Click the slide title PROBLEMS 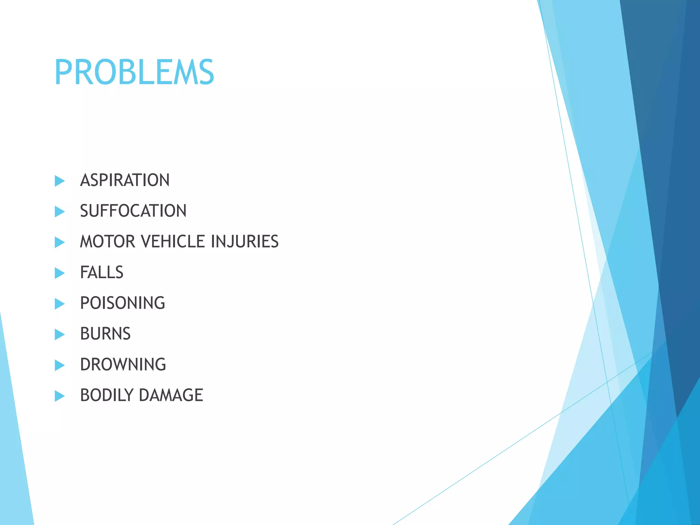(134, 72)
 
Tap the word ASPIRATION (125, 180)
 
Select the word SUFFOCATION (133, 211)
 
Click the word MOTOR (107, 242)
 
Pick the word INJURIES (245, 242)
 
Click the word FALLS (102, 272)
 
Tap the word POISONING (122, 303)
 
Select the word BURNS (105, 334)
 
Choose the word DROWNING (123, 365)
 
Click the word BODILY (107, 395)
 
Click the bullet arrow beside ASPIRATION (60, 181)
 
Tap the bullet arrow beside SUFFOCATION (60, 212)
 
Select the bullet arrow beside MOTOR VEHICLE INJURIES (60, 242)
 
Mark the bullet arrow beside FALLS (60, 273)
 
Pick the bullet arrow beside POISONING (60, 304)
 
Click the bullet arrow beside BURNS (60, 335)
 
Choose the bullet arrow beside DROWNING (60, 365)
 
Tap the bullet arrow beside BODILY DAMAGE (60, 396)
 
